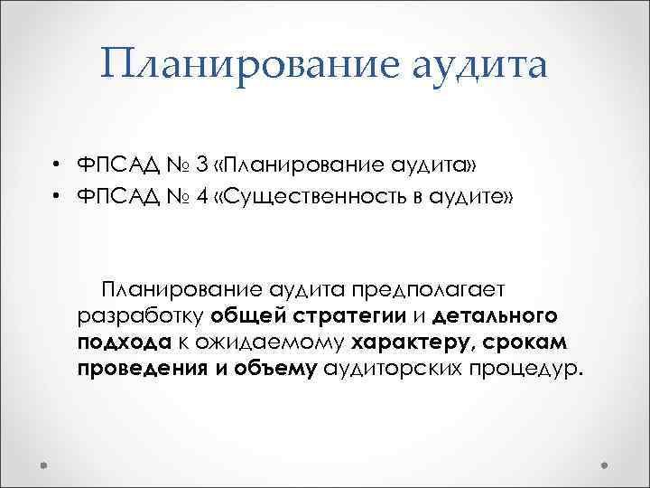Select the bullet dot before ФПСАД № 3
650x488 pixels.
tap(56, 165)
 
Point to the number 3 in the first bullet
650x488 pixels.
tap(200, 165)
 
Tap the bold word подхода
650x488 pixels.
tap(122, 344)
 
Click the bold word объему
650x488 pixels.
tap(274, 371)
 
